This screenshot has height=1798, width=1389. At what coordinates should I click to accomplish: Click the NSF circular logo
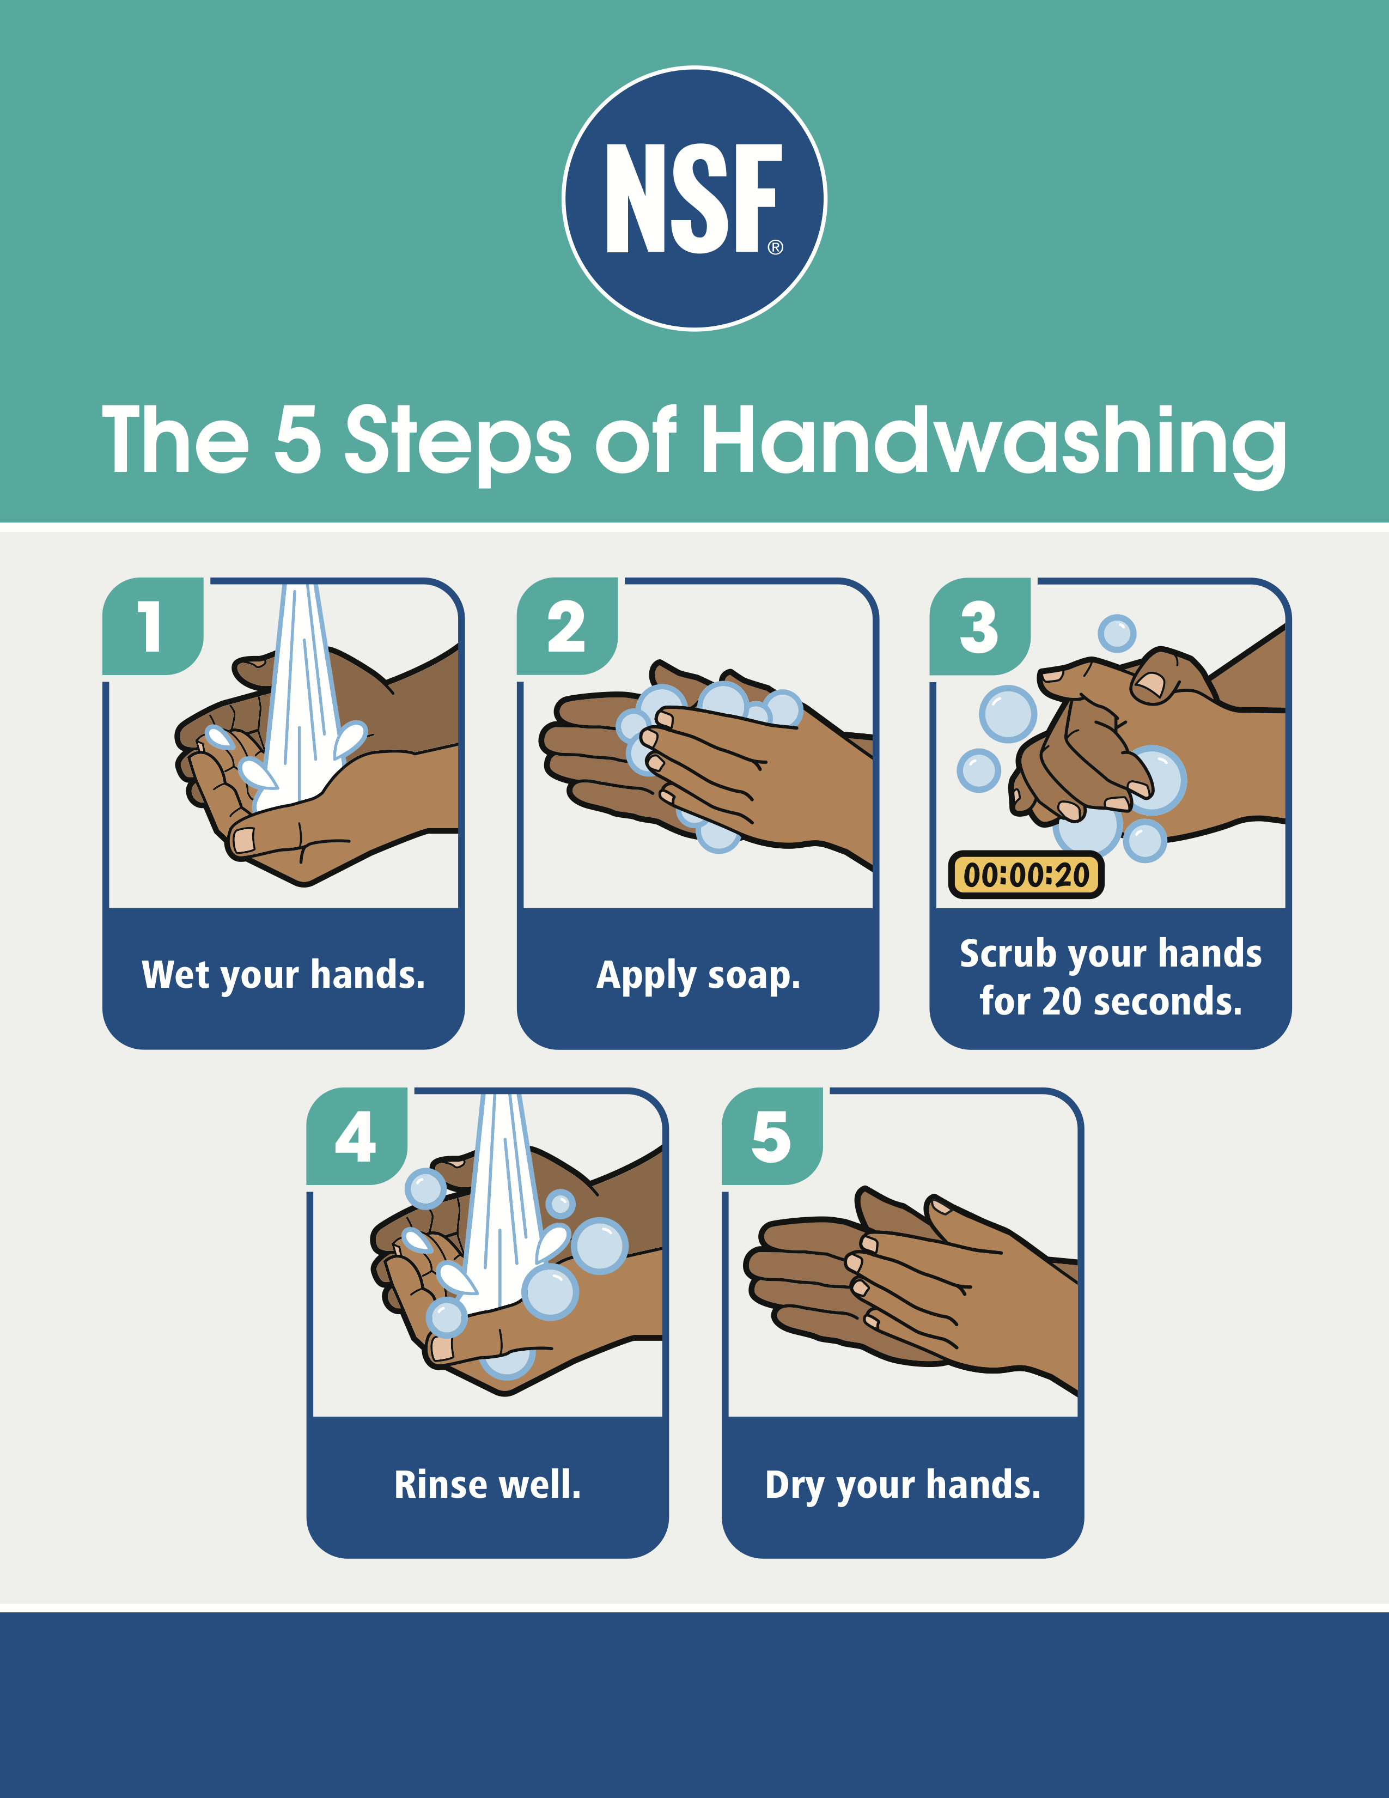[694, 198]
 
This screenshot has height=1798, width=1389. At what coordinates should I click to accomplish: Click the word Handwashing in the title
[994, 444]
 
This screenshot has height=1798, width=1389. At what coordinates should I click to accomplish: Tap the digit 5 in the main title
[297, 440]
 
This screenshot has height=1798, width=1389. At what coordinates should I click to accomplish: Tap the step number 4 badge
[356, 1136]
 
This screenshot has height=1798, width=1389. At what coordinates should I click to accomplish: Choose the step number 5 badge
[772, 1136]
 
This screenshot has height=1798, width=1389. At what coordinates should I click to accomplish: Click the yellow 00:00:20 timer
[1026, 874]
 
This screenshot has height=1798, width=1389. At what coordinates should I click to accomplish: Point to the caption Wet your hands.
[284, 975]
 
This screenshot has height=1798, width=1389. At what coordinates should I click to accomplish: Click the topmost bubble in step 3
[1117, 634]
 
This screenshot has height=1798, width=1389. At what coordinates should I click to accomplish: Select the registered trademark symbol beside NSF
[775, 247]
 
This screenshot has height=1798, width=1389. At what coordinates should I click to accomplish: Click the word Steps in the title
[458, 444]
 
